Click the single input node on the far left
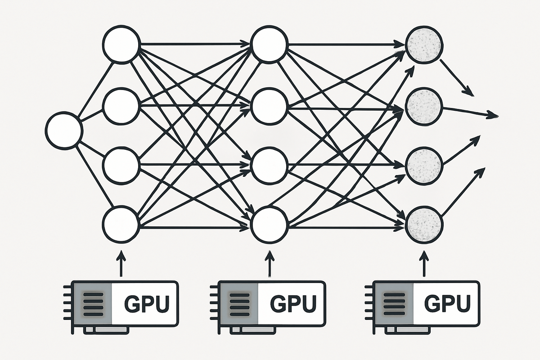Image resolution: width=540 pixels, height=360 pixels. tap(64, 131)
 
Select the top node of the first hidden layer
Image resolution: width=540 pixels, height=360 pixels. tap(120, 45)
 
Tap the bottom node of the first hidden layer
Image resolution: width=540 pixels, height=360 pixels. tap(120, 224)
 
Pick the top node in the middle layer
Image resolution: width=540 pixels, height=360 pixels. tap(270, 45)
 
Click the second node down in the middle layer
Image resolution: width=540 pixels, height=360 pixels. tap(270, 107)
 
